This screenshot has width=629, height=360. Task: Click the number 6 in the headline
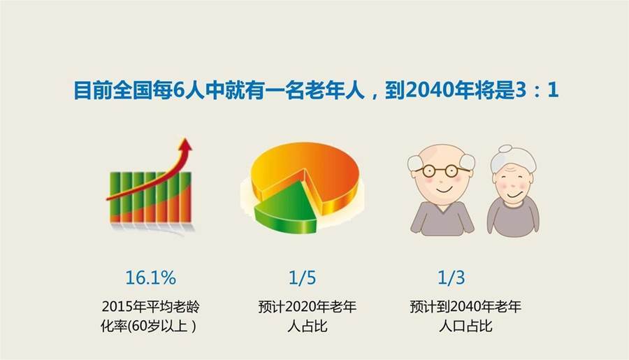[178, 90]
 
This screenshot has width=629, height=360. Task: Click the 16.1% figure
[150, 278]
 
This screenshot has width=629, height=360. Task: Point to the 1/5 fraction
[303, 278]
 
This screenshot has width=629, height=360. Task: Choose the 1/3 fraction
[451, 278]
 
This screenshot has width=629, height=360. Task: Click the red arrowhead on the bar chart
[185, 145]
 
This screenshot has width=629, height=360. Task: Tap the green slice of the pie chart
[286, 209]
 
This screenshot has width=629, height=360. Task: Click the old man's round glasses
[441, 171]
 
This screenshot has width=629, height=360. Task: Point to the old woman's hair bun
[505, 150]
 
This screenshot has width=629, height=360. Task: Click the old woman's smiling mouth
[514, 195]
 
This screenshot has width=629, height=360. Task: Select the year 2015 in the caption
[118, 307]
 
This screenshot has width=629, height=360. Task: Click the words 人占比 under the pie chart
[308, 326]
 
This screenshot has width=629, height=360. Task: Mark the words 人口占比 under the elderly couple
[465, 326]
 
